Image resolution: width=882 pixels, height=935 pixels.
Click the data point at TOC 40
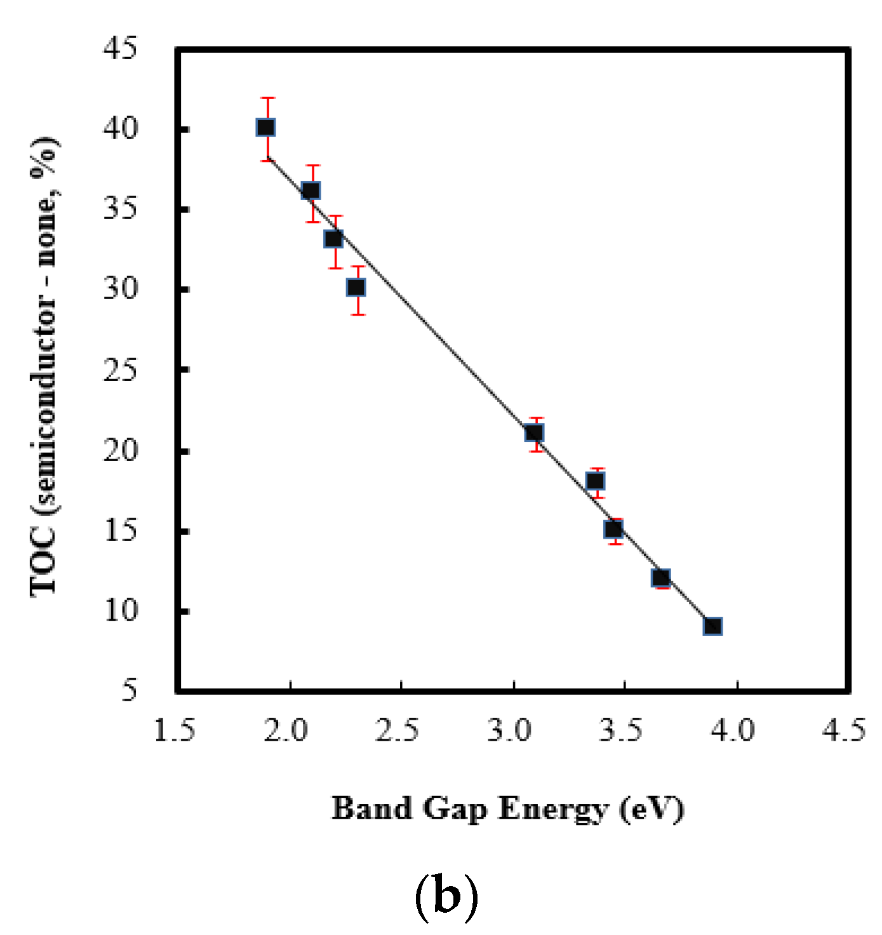tap(265, 128)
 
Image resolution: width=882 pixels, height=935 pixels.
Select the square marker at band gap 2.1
tap(311, 191)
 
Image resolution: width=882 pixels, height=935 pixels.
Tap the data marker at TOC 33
tap(334, 239)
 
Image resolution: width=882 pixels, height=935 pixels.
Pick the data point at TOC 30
tap(356, 288)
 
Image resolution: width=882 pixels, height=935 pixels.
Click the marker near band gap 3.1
tap(535, 433)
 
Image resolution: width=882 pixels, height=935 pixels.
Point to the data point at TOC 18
tap(595, 481)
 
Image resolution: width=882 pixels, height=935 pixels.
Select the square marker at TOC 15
tap(613, 529)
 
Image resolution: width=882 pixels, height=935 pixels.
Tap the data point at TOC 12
tap(661, 577)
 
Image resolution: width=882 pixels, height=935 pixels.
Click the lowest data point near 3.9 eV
tap(712, 626)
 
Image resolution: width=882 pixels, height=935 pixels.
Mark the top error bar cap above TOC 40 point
tap(268, 98)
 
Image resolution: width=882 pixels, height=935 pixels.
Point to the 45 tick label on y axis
tap(120, 49)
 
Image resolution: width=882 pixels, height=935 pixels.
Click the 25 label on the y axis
tap(120, 370)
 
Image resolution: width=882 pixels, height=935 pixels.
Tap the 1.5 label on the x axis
tap(175, 730)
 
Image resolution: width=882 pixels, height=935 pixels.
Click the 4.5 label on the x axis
tap(844, 730)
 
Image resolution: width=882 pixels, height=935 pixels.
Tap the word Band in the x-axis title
tap(372, 809)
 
